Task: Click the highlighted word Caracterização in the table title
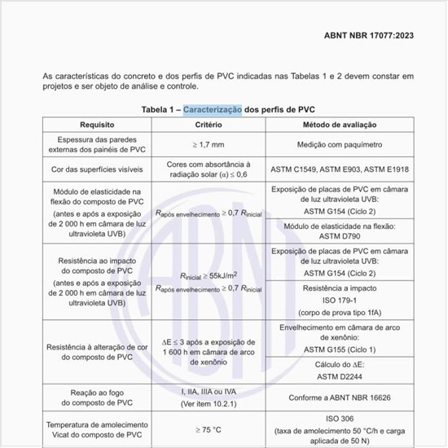pyautogui.click(x=213, y=109)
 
